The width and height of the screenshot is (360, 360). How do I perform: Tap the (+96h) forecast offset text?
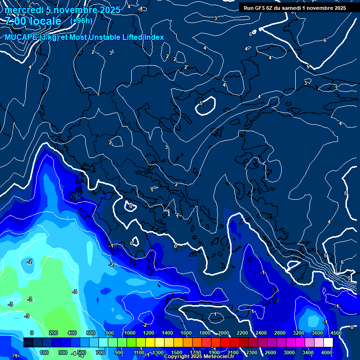click(81, 21)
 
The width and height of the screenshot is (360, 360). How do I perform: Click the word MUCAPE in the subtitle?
click(21, 37)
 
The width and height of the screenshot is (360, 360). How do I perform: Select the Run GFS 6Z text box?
click(295, 7)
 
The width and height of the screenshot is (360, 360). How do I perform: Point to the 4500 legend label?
click(335, 333)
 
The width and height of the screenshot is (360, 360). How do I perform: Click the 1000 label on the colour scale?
click(129, 333)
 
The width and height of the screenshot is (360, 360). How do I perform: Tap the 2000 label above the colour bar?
click(223, 333)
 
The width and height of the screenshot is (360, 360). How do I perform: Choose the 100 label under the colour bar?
click(45, 352)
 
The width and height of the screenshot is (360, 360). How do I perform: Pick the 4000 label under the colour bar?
click(327, 352)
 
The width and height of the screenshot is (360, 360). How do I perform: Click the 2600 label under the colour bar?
click(270, 352)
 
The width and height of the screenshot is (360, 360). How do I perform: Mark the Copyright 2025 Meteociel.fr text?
click(202, 357)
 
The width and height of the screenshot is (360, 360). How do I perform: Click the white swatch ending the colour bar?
click(328, 343)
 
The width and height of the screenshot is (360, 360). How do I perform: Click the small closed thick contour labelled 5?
click(205, 105)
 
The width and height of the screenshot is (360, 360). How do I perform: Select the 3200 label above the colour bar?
click(298, 333)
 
